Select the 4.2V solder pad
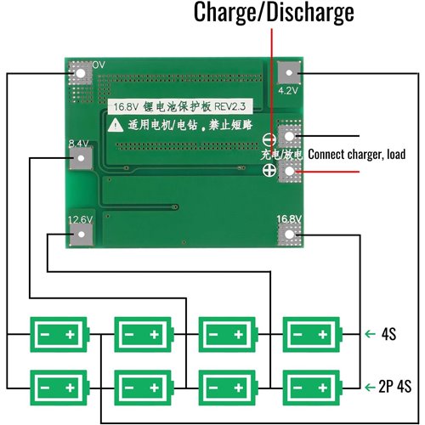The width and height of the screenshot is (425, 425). (289, 75)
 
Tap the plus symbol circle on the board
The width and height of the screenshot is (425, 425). (269, 171)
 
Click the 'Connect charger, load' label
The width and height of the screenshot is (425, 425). (357, 155)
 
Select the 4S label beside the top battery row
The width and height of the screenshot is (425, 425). (389, 334)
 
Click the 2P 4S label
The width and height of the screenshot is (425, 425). (395, 386)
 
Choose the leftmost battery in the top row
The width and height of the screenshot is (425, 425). (58, 334)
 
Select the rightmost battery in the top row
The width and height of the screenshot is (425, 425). (311, 334)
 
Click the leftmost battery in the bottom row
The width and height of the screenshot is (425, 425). (58, 386)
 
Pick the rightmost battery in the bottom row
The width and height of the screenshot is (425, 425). (311, 386)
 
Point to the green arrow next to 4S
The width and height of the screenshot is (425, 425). (368, 334)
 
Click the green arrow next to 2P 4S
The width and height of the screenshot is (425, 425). (368, 386)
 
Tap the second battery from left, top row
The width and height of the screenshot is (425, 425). (142, 334)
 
